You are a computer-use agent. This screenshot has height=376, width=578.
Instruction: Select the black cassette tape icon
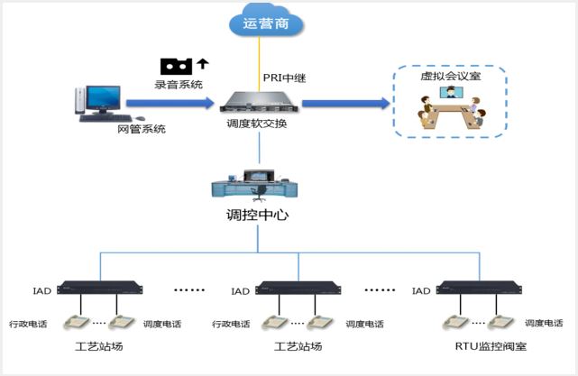pyautogui.click(x=177, y=66)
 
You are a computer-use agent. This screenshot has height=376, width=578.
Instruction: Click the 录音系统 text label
pyautogui.click(x=179, y=84)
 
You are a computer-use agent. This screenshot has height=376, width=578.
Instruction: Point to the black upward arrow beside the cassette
pyautogui.click(x=203, y=64)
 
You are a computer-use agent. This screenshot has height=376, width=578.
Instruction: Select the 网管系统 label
pyautogui.click(x=142, y=129)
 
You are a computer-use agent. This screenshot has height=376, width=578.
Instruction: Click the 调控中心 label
pyautogui.click(x=257, y=216)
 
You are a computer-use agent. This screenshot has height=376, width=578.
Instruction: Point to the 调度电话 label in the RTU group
pyautogui.click(x=546, y=322)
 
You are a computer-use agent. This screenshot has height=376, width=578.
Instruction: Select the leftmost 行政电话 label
pyautogui.click(x=28, y=323)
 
